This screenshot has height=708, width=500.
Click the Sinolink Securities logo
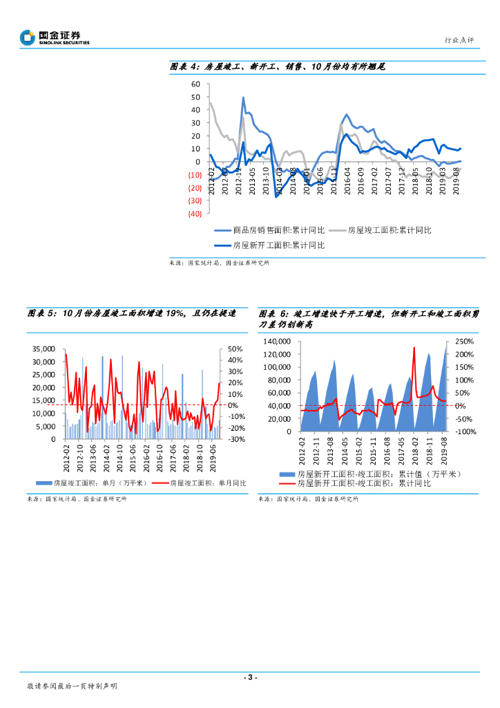coord(55,37)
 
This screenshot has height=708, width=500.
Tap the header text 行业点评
coord(460,40)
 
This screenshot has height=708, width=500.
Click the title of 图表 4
coord(277,67)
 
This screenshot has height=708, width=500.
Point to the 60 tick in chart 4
coord(195,84)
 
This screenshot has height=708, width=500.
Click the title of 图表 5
coord(131,313)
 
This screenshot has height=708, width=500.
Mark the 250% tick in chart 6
coord(464,342)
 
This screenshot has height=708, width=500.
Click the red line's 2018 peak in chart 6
coord(414,348)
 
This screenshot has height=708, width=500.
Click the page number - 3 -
coord(250,677)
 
